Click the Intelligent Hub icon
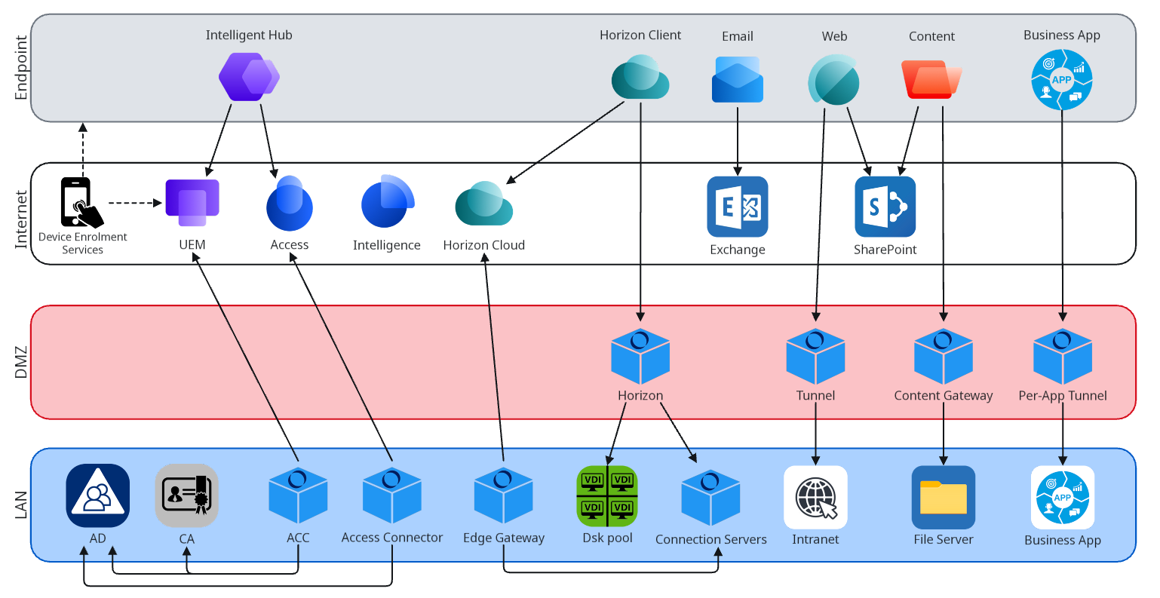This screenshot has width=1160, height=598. coord(248,77)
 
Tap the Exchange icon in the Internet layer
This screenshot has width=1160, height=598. coord(737,207)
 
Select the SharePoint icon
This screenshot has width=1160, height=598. coord(885,207)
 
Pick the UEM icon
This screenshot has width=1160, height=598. coord(192,203)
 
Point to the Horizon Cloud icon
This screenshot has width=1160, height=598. coord(483,204)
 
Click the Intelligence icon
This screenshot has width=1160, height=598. coord(387,202)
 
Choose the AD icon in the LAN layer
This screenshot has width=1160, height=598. coord(97,495)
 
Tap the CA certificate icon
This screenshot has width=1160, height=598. coord(186,495)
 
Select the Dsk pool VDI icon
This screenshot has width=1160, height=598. coord(607,495)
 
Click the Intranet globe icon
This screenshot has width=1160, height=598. coord(815,497)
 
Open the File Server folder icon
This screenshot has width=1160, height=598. coord(943,497)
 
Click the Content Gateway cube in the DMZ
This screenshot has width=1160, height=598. coord(943,356)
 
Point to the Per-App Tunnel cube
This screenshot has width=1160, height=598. coord(1062,356)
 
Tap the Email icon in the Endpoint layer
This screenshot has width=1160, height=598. coord(737,81)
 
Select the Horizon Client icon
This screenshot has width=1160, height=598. coord(640,78)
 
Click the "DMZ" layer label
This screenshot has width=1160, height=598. coord(21,362)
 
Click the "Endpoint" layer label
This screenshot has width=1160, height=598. coord(21,68)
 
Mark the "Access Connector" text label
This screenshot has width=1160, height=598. coord(391,538)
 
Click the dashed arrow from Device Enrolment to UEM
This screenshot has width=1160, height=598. coord(135,203)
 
